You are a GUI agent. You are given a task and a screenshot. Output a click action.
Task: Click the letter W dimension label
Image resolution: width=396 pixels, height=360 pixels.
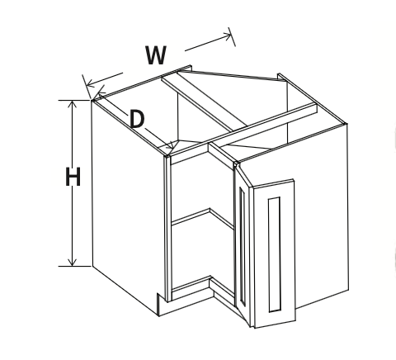[156, 55]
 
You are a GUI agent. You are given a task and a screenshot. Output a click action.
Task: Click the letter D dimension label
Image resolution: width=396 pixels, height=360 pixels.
[137, 119]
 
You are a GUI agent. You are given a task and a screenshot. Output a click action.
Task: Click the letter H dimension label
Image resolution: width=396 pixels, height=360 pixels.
[73, 177]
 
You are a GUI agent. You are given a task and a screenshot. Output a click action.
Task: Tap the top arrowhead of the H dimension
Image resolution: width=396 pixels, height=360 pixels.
[73, 105]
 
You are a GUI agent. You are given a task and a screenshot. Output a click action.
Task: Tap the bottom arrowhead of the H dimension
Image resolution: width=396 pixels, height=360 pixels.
[73, 262]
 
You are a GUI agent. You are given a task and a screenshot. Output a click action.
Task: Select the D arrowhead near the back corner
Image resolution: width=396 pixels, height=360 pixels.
[100, 92]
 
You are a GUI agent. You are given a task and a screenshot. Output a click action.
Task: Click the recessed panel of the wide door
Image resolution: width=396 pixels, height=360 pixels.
[275, 254]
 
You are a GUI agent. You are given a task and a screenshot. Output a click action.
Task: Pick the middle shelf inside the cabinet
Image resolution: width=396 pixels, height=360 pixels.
[204, 218]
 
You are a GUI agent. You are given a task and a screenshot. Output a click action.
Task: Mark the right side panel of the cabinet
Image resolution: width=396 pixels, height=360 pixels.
[320, 209]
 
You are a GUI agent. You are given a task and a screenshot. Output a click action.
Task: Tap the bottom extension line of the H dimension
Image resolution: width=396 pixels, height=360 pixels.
[74, 266]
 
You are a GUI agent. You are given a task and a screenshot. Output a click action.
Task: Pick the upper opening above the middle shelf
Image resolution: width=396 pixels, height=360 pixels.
[203, 187]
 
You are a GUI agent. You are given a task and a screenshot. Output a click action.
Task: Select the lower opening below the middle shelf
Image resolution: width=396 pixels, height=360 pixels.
[203, 254]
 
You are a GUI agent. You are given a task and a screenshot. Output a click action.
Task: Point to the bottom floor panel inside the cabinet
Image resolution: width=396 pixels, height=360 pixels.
[204, 287]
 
